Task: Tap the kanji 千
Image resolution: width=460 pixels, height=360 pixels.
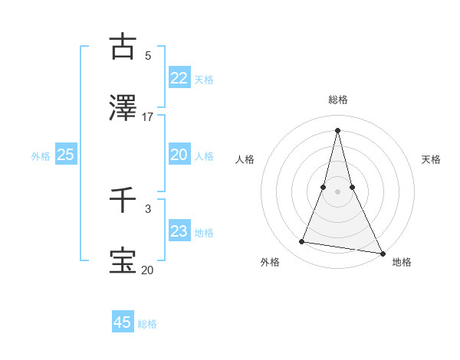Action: click(x=123, y=200)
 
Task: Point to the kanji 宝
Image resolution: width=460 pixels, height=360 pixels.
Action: click(x=123, y=260)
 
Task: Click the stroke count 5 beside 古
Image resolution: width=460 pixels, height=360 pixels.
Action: click(x=148, y=56)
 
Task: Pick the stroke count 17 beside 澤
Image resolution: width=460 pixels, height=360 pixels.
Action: click(x=148, y=117)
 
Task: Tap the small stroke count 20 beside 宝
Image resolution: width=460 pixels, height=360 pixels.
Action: click(x=146, y=270)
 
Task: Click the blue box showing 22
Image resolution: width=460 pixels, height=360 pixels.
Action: click(x=179, y=78)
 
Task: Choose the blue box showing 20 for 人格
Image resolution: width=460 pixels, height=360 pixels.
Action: click(x=179, y=155)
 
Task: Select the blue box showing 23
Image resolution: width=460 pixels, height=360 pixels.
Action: click(x=179, y=231)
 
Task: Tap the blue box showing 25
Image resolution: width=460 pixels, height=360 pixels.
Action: click(x=65, y=155)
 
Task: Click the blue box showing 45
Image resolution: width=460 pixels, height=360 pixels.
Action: click(x=123, y=322)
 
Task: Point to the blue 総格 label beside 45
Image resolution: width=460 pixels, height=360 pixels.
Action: click(x=147, y=324)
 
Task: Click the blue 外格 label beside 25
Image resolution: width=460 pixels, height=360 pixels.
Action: click(x=41, y=156)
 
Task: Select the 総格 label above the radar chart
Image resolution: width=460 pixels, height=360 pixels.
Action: click(x=337, y=99)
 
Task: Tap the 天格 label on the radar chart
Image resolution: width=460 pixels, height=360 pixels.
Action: click(x=431, y=159)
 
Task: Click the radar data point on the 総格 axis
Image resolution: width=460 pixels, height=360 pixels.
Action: click(x=337, y=129)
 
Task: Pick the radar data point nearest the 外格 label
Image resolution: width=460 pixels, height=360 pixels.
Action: click(x=302, y=242)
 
